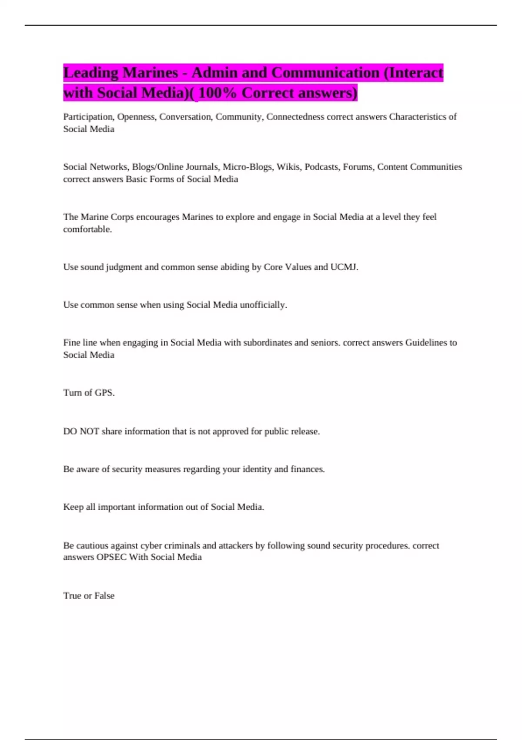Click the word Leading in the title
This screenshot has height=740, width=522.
point(90,73)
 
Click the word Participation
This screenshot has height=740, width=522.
point(88,117)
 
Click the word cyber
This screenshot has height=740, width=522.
point(151,545)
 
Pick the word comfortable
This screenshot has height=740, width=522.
point(87,229)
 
